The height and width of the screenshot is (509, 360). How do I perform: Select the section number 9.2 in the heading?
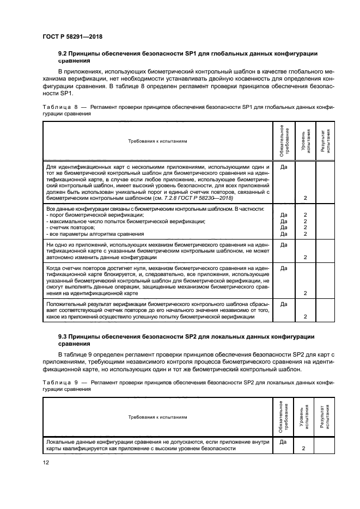64,53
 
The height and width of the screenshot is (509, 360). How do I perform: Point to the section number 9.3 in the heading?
64,336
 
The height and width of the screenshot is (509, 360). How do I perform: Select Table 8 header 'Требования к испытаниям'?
157,140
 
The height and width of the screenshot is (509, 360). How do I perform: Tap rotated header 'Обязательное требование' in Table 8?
283,141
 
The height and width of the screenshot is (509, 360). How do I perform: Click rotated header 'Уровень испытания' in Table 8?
306,141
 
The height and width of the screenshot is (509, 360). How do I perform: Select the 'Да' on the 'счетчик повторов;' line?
283,228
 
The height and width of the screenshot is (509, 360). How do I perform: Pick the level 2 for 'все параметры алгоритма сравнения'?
306,234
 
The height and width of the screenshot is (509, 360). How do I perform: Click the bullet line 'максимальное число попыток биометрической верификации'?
125,222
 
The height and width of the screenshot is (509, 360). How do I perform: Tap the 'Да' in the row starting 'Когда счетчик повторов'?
283,268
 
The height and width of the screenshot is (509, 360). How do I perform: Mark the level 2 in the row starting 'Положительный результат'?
306,316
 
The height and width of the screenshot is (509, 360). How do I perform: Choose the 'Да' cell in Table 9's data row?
283,443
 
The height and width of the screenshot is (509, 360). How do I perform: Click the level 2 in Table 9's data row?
306,449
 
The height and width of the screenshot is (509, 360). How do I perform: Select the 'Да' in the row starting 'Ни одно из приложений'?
283,245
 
